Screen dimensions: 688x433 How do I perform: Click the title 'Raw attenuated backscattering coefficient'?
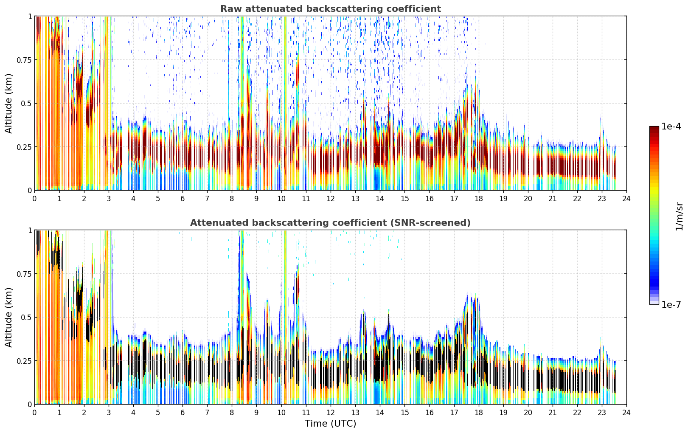click(x=331, y=8)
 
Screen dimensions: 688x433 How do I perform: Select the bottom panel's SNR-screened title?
click(x=330, y=222)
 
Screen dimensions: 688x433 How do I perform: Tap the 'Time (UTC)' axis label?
click(x=331, y=424)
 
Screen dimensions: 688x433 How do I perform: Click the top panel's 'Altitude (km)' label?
click(x=8, y=104)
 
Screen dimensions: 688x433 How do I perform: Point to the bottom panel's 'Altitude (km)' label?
click(x=8, y=317)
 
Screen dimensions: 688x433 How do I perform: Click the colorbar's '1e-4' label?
click(x=671, y=126)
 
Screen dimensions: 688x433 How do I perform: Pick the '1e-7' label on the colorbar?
click(x=671, y=305)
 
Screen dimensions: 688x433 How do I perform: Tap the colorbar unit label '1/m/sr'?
click(x=679, y=216)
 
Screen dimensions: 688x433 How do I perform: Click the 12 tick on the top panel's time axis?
click(x=331, y=198)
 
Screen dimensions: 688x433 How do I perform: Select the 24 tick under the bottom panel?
click(x=626, y=413)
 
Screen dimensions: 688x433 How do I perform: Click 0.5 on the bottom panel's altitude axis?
click(x=26, y=317)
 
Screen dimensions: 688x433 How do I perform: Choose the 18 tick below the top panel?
click(x=478, y=198)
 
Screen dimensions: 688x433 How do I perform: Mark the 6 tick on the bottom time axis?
click(x=183, y=413)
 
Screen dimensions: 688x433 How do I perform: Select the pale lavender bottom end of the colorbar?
click(x=654, y=303)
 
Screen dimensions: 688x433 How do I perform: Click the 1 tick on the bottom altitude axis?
click(x=30, y=231)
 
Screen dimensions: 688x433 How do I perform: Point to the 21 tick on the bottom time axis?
click(x=553, y=413)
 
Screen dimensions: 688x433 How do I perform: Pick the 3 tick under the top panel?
click(x=108, y=198)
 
